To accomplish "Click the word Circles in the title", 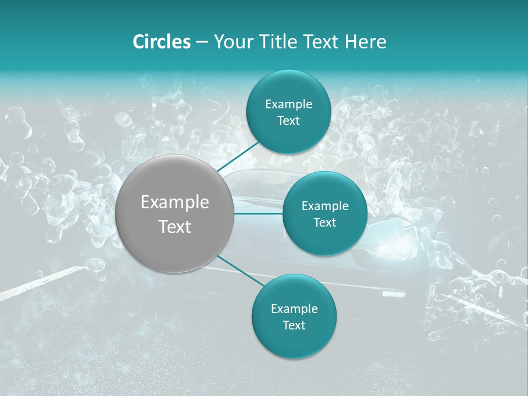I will pos(162,42).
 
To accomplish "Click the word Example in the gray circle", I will pos(175,202).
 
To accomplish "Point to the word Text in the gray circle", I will pos(175,227).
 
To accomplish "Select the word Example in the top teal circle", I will pos(289,105).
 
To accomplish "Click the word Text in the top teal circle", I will pos(288,121).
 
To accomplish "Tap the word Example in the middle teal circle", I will pos(325,206).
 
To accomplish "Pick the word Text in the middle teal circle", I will pos(324,223).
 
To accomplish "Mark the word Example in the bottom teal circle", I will pos(294,309).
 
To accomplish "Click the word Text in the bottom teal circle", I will pos(294,326).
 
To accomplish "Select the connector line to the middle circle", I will pos(258,213).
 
